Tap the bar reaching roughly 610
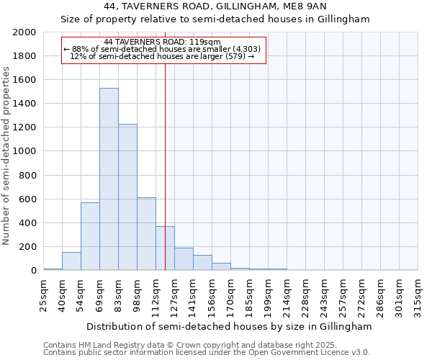[x=146, y=233]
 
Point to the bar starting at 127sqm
[x=184, y=259]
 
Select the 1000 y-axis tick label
[x=24, y=151]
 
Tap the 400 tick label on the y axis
[x=27, y=223]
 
